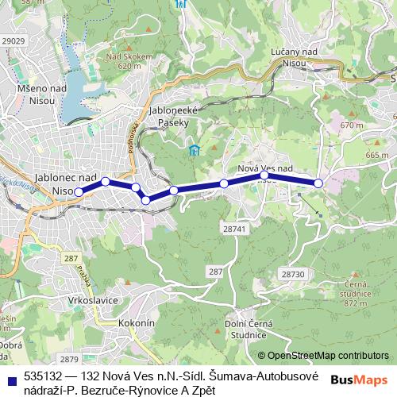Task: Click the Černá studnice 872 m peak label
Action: point(357,294)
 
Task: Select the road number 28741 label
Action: point(236,228)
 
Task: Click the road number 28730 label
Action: point(293,273)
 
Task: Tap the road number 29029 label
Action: point(13,40)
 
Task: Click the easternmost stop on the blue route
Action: point(318,183)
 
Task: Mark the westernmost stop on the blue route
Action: point(79,192)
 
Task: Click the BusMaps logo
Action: point(359,380)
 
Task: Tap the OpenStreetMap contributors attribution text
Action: point(328,357)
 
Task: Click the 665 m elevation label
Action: point(373,155)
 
